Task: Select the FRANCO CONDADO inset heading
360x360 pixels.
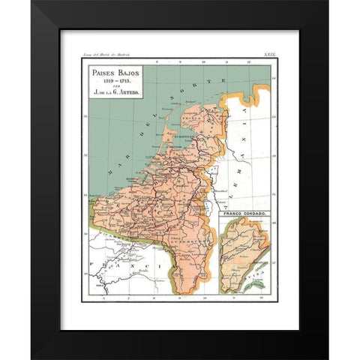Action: pyautogui.click(x=244, y=214)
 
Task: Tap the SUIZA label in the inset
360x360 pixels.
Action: pyautogui.click(x=261, y=277)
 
